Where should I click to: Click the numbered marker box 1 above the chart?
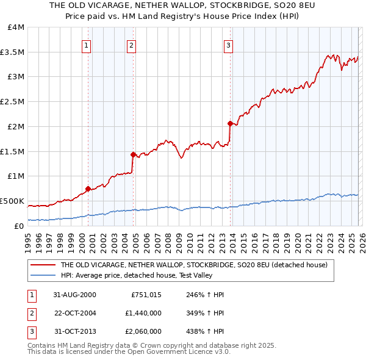86,45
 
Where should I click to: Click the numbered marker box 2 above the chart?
131,45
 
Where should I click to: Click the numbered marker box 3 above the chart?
228,45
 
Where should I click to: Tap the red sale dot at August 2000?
88,189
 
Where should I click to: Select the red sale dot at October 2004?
133,154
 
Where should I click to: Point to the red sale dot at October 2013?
230,123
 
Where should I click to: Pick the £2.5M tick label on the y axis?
13,102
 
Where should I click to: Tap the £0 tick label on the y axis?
19,226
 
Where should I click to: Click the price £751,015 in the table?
146,295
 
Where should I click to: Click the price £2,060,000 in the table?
143,331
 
